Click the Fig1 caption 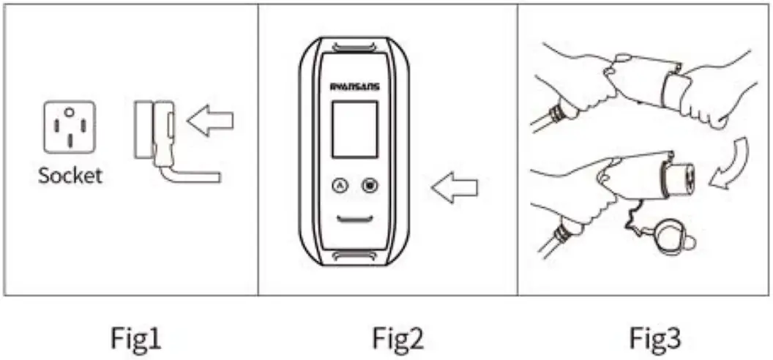(136, 338)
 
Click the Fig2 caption (397, 338)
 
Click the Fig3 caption (656, 338)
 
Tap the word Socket (70, 176)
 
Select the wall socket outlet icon (69, 127)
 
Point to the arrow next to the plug (210, 121)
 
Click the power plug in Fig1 (154, 130)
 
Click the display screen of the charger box (355, 130)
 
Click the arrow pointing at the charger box (454, 190)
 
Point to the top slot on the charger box (355, 48)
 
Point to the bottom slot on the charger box (355, 256)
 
